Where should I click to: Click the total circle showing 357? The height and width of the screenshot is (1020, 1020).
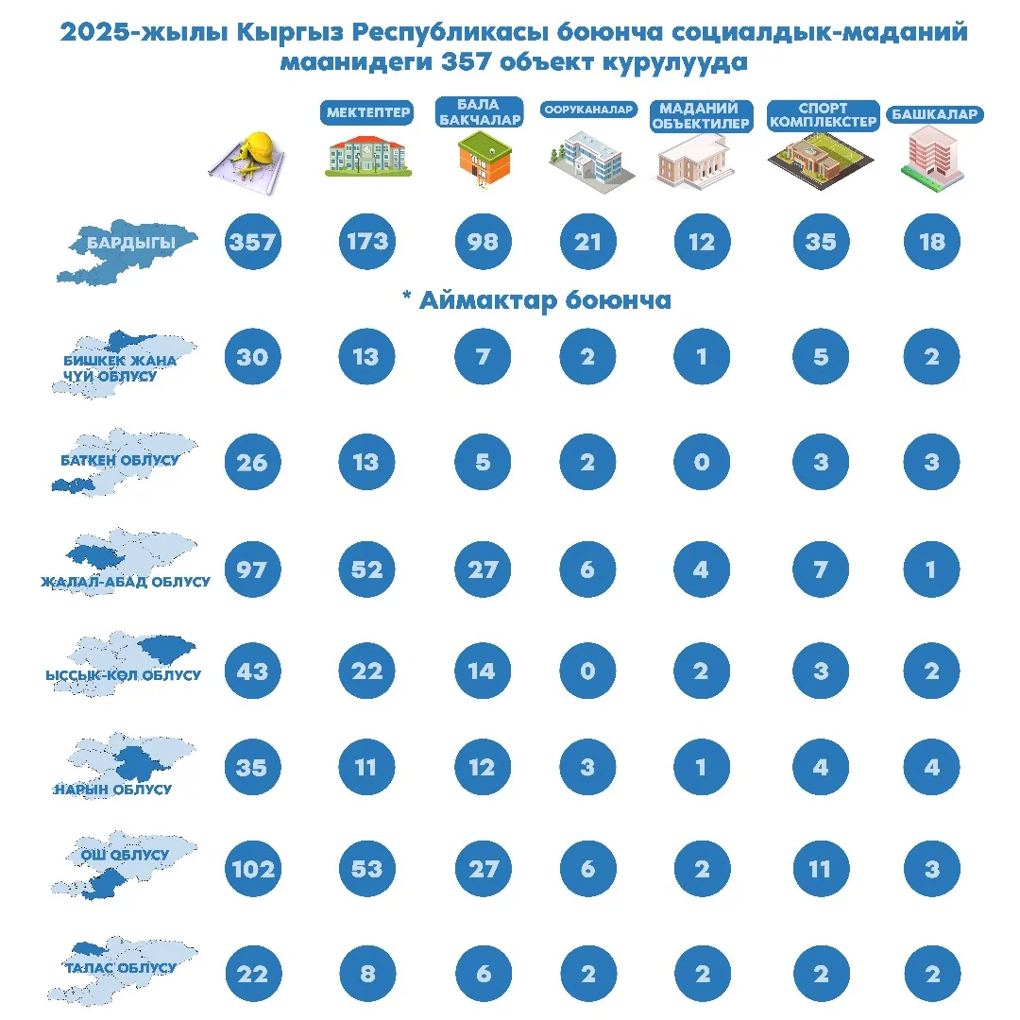[252, 242]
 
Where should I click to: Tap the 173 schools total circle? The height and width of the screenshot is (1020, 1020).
[366, 242]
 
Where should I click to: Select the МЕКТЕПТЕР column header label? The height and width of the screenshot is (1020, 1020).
[368, 113]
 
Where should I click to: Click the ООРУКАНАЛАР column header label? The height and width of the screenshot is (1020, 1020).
[588, 110]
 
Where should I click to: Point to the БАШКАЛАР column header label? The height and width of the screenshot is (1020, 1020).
[934, 114]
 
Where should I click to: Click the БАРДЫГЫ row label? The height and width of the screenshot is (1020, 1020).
[131, 243]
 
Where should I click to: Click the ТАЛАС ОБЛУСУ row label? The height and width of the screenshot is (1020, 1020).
[120, 968]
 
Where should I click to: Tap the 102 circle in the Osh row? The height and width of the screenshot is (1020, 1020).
[252, 868]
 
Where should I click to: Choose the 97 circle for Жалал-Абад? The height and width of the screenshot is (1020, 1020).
[252, 569]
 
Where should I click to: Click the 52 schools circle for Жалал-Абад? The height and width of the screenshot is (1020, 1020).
[366, 569]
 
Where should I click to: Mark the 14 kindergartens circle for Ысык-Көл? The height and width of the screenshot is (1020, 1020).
[482, 671]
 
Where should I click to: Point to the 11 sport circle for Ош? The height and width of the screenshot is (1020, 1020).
[819, 868]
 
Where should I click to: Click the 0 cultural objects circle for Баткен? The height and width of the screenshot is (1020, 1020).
[702, 462]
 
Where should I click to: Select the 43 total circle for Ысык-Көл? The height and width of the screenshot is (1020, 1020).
[252, 671]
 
